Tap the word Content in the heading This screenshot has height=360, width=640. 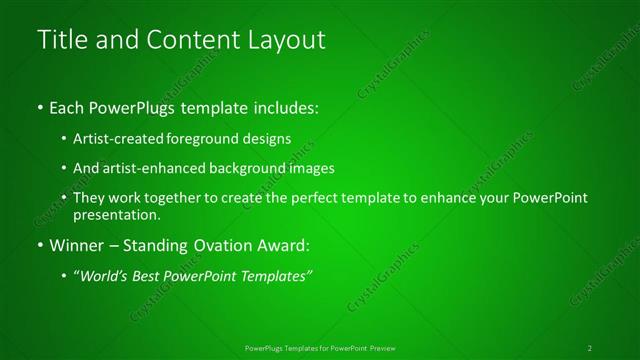click(x=191, y=41)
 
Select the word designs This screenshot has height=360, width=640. click(x=269, y=138)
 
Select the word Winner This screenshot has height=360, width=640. click(x=74, y=245)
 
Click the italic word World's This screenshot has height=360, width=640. click(x=103, y=276)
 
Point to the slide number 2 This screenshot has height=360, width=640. click(x=590, y=347)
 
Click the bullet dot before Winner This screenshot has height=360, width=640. click(x=39, y=245)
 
